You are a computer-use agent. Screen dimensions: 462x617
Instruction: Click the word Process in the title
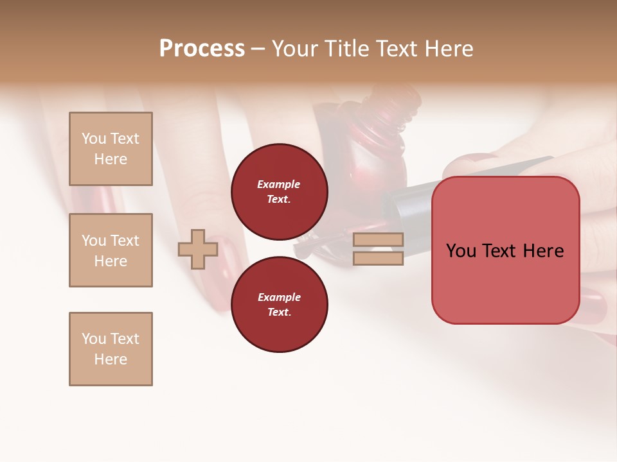pos(202,49)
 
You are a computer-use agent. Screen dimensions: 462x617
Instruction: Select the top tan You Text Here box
pos(111,149)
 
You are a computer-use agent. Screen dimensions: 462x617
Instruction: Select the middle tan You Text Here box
pos(111,250)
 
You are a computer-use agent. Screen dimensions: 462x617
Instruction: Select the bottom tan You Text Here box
pos(111,349)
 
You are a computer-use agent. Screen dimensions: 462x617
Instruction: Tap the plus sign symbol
pos(198,250)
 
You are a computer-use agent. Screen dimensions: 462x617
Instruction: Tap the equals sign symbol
pos(378,249)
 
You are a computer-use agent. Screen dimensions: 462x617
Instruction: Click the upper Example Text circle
pos(279,192)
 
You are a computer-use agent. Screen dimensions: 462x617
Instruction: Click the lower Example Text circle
pos(279,305)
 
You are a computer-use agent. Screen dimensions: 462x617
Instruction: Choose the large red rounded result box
pos(505,250)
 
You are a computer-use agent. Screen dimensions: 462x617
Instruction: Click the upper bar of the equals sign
pos(378,240)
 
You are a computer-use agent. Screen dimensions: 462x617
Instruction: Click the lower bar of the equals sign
pos(378,259)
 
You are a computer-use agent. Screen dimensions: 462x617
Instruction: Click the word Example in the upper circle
pos(278,184)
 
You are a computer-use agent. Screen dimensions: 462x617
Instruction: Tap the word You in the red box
pos(461,251)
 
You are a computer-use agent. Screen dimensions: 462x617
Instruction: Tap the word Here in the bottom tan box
pos(111,359)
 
